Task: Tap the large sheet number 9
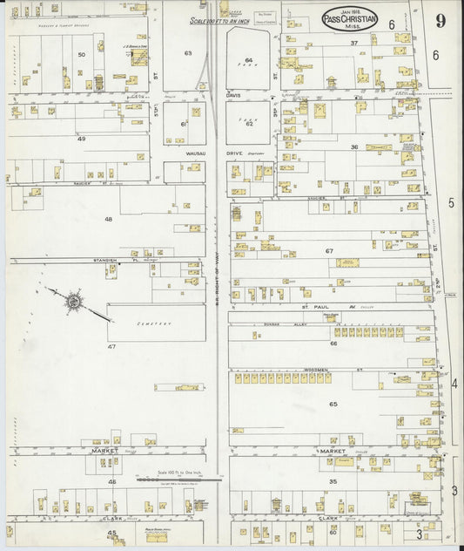tap(440, 21)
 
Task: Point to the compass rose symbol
tap(74, 303)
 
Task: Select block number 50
tap(82, 55)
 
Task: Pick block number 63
tap(187, 53)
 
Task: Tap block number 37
tap(354, 43)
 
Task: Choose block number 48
tap(108, 219)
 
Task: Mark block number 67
tap(330, 251)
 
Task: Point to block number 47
tap(111, 347)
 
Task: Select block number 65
tap(333, 404)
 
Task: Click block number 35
tap(333, 481)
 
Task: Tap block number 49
tap(82, 139)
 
